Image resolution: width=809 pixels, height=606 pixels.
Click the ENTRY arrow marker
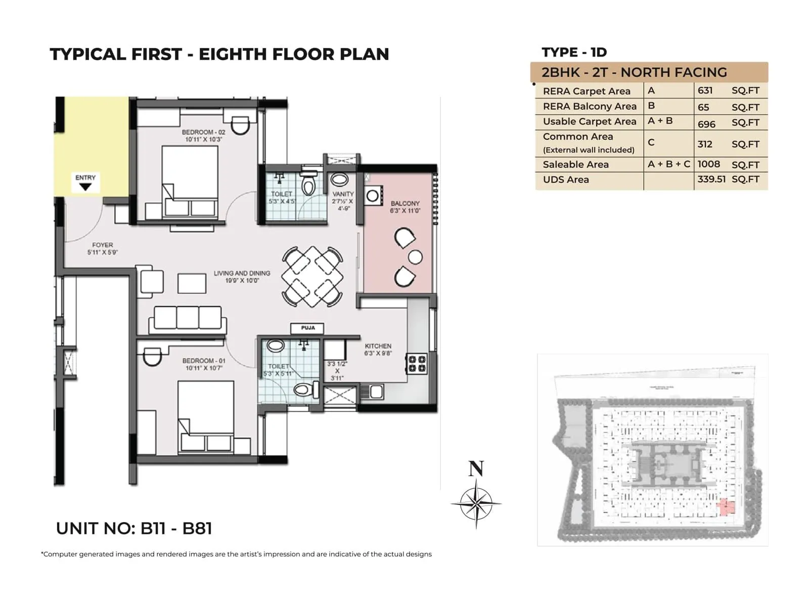[x=85, y=186]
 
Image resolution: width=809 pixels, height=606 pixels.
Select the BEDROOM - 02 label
[x=203, y=132]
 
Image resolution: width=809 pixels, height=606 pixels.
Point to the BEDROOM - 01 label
[x=204, y=361]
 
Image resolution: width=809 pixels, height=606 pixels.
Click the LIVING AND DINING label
[x=242, y=273]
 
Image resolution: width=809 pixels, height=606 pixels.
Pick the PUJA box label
[x=307, y=328]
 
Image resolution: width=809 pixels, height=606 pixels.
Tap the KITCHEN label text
[x=378, y=346]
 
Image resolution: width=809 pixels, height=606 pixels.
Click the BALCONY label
[x=405, y=204]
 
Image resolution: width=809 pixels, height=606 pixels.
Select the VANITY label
[x=343, y=194]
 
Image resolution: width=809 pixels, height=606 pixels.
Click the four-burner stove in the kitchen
[x=417, y=364]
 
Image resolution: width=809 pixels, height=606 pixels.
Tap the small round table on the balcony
[x=415, y=257]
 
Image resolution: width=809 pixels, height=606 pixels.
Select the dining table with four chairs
[x=312, y=276]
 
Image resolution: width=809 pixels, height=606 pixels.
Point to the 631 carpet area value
[x=705, y=91]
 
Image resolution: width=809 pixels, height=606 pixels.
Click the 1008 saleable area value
[x=708, y=164]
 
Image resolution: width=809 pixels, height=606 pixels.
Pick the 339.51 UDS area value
[x=711, y=179]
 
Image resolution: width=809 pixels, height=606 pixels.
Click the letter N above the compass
[x=476, y=469]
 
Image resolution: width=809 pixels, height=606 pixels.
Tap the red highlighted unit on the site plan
[x=726, y=507]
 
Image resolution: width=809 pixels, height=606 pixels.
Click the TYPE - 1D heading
[x=574, y=53]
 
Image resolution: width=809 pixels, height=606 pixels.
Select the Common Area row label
[x=578, y=137]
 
